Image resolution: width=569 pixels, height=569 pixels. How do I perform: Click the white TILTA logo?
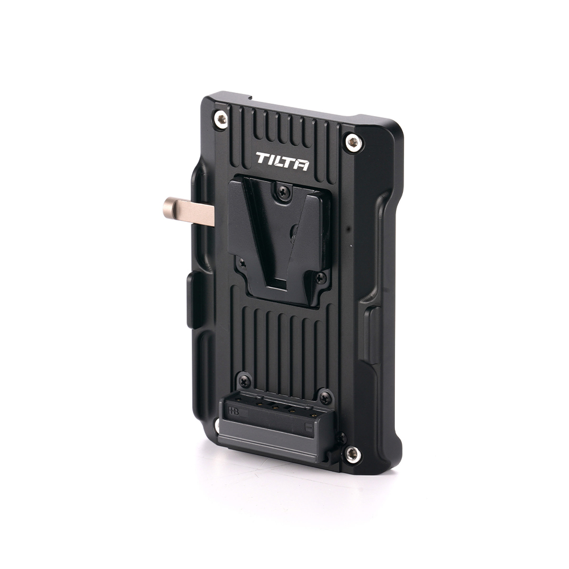[x=282, y=161]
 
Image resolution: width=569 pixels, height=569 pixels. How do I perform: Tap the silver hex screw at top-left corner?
[x=221, y=119]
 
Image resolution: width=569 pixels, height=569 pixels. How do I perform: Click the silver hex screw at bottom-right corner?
[x=352, y=452]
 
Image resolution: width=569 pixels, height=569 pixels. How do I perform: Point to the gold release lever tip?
[x=170, y=207]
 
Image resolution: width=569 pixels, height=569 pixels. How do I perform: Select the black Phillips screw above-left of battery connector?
[x=244, y=380]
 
